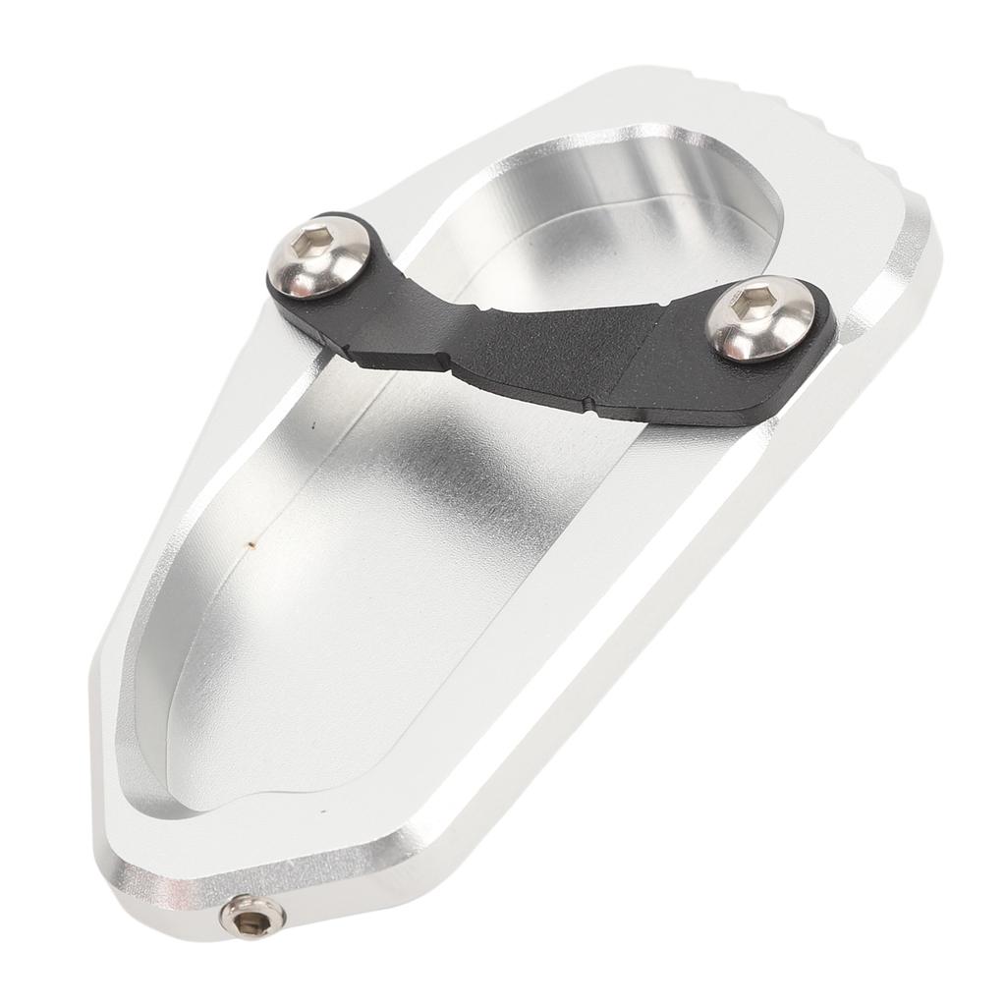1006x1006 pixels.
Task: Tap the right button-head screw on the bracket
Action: pos(761,318)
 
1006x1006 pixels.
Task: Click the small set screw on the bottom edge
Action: pos(252,918)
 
